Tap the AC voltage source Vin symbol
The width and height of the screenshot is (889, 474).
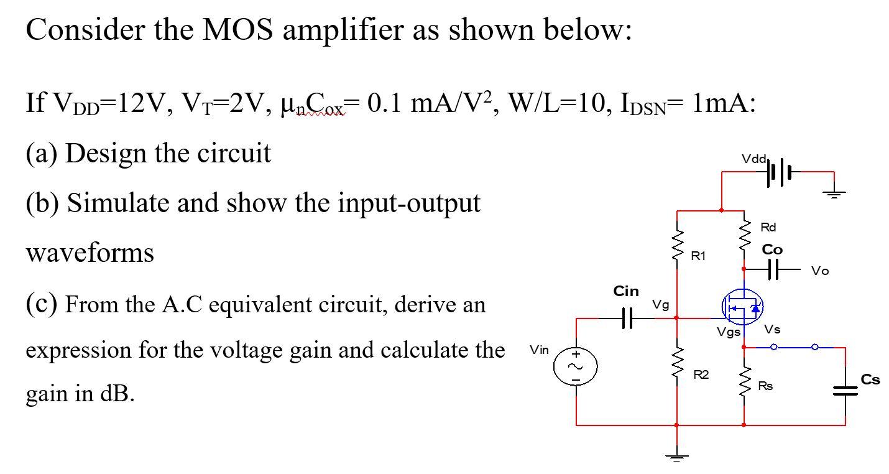(576, 366)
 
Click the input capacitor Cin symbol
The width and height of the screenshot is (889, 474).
(627, 318)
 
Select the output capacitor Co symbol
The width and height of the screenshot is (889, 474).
(773, 269)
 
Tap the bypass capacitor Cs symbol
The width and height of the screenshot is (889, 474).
(845, 390)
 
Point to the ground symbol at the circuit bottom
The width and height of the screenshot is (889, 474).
(677, 458)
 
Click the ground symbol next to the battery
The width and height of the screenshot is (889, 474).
(834, 193)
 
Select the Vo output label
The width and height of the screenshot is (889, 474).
(820, 271)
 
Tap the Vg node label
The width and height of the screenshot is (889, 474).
(660, 305)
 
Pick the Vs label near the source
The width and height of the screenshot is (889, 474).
(773, 329)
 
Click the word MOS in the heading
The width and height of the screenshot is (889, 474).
(237, 29)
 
